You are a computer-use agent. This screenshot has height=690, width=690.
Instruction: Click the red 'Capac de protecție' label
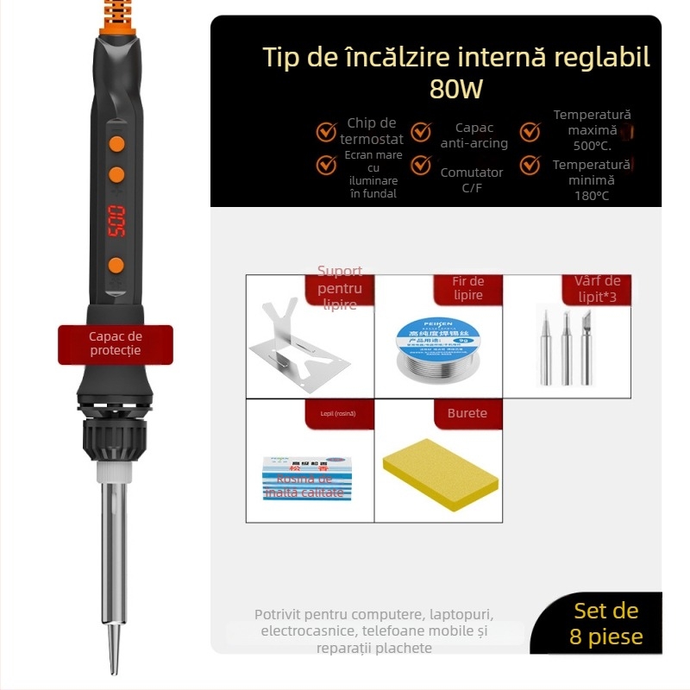pos(116,344)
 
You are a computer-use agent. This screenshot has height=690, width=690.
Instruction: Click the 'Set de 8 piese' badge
pos(605,624)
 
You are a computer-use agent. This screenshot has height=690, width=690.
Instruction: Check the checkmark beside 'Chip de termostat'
pos(326,132)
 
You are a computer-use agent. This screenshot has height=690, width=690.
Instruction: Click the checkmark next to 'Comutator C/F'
pos(421,165)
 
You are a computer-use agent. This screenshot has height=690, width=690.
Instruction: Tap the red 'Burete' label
pos(467,413)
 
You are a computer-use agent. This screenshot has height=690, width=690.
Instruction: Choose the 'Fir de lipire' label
pos(467,289)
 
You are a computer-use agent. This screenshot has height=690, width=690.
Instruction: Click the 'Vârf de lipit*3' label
pos(597,289)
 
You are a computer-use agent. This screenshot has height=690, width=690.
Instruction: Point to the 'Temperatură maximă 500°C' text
pos(592,129)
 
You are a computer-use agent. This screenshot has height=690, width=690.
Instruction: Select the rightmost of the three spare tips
pos(586,345)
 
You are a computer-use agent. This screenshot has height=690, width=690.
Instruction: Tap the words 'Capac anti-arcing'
pos(474,135)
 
